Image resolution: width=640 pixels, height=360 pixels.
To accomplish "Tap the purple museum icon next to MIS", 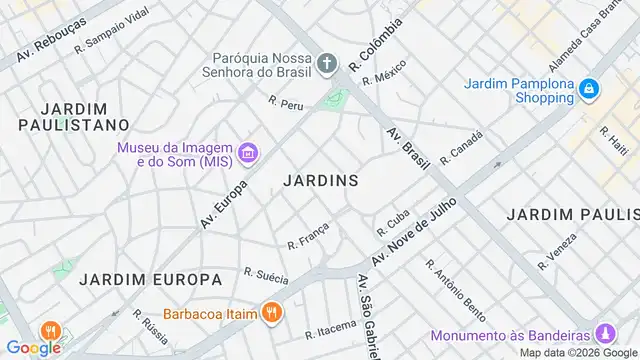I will (249, 154).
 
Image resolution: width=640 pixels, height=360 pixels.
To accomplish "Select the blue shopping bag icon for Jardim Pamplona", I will (590, 90).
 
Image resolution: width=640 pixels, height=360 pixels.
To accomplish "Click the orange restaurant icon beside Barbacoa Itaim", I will (271, 312).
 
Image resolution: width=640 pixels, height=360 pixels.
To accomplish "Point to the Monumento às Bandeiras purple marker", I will (604, 333).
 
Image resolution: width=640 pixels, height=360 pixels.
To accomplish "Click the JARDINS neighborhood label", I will (320, 181).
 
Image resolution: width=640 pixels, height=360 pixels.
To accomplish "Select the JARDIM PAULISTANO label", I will (74, 116).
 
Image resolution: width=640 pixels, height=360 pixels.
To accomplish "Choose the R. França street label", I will (308, 236).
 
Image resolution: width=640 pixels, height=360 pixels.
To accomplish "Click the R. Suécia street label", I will (266, 276).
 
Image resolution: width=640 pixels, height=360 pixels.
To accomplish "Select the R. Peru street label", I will (286, 102).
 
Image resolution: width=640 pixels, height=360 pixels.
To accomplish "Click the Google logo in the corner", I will (33, 348).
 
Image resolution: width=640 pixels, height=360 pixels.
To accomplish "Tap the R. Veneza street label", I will (557, 251).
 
